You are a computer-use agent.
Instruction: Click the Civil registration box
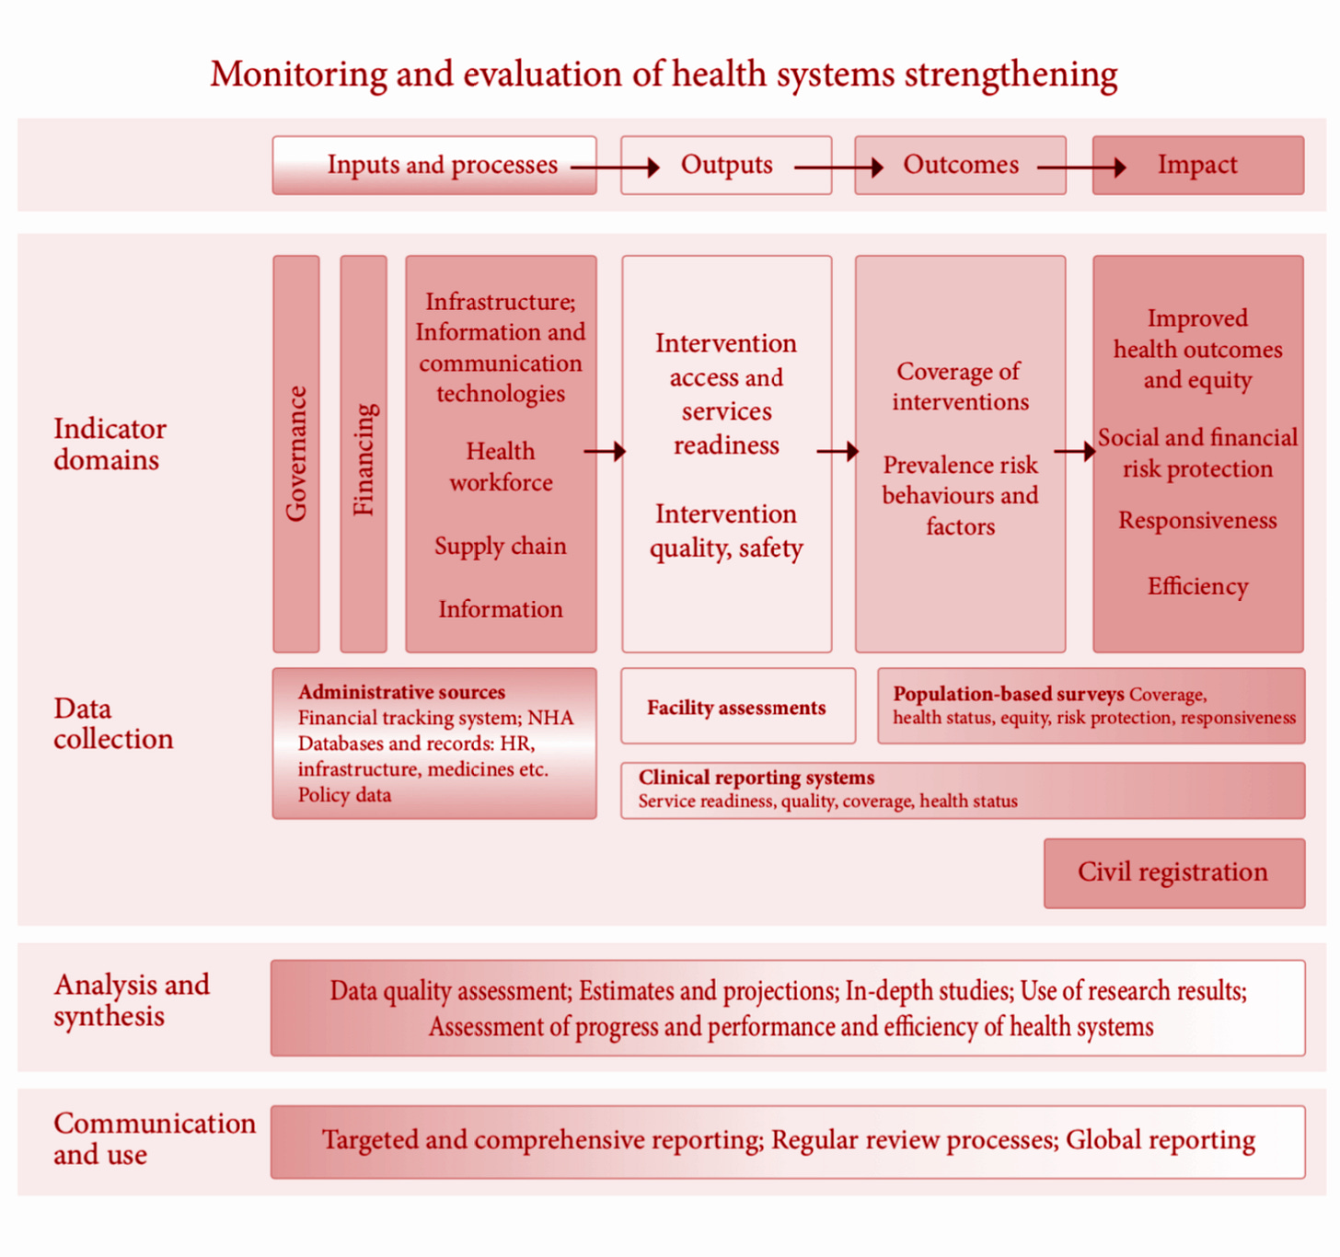(1173, 872)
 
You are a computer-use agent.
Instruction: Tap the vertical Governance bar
(296, 454)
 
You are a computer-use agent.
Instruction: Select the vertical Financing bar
(364, 454)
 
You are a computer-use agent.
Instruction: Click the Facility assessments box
(737, 707)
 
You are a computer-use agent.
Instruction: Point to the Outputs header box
(726, 165)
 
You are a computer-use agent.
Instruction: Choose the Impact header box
(1197, 165)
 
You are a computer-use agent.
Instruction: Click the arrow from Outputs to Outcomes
(838, 167)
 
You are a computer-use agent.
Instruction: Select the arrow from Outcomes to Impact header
(1081, 167)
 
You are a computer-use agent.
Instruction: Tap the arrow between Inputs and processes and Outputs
(615, 167)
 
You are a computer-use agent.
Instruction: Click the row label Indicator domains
(110, 444)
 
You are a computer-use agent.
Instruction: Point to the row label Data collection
(112, 723)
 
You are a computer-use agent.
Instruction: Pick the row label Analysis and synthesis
(132, 1000)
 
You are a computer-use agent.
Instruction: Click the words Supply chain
(501, 546)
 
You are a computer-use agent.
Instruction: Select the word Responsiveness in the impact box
(1197, 521)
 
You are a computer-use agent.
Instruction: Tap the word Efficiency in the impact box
(1197, 586)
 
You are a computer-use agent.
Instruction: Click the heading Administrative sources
(401, 692)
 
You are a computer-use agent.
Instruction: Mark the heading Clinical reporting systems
(757, 778)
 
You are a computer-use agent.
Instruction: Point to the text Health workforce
(501, 467)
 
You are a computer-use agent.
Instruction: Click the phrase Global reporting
(1161, 1140)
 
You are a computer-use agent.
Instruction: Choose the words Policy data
(344, 795)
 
